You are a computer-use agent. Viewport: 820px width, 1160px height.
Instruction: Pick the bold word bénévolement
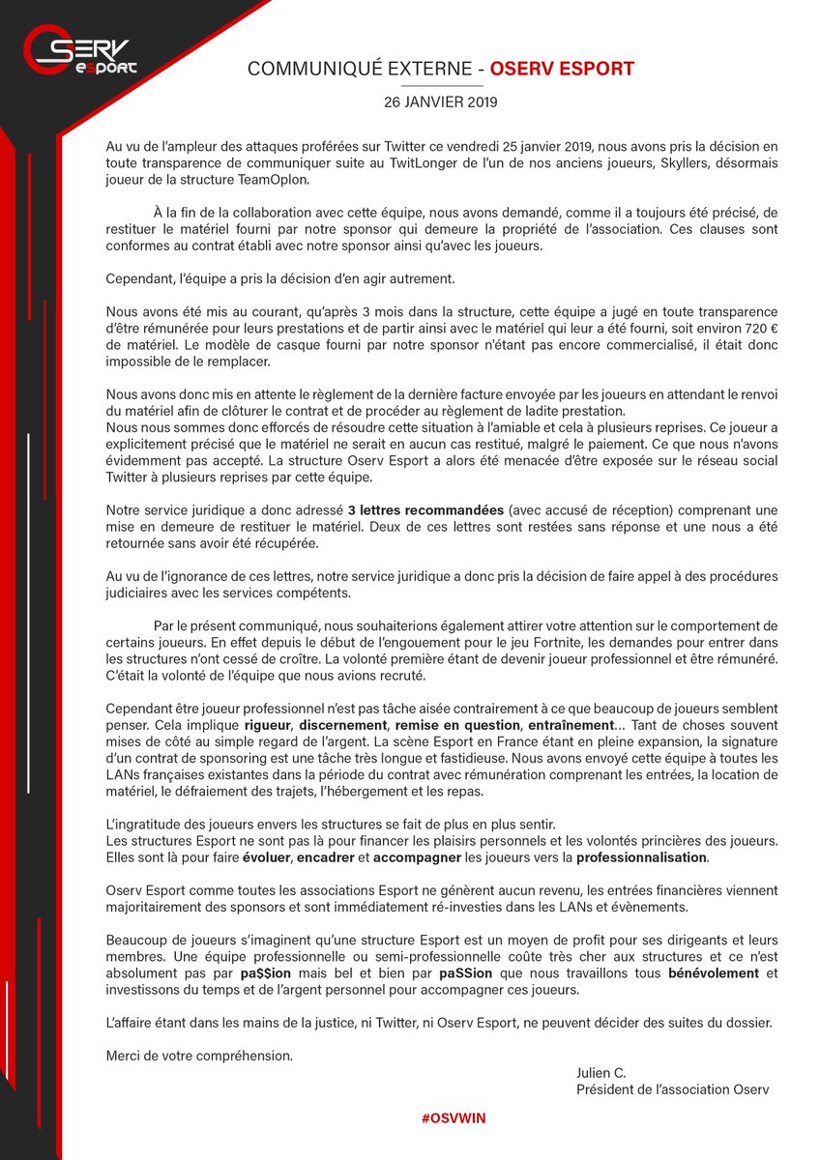pyautogui.click(x=715, y=972)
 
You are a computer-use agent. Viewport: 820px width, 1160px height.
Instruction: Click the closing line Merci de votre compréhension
pyautogui.click(x=198, y=1056)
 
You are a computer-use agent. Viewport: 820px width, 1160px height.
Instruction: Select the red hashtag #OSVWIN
pyautogui.click(x=454, y=1117)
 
